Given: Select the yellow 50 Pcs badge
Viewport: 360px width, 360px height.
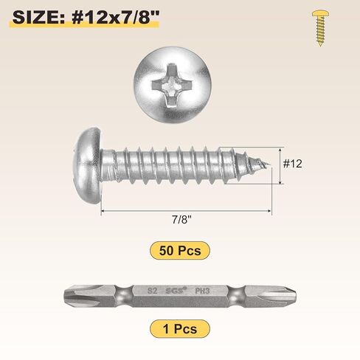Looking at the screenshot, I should click(x=179, y=251).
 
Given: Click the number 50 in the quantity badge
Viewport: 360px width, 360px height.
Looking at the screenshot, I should click(x=167, y=251).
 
